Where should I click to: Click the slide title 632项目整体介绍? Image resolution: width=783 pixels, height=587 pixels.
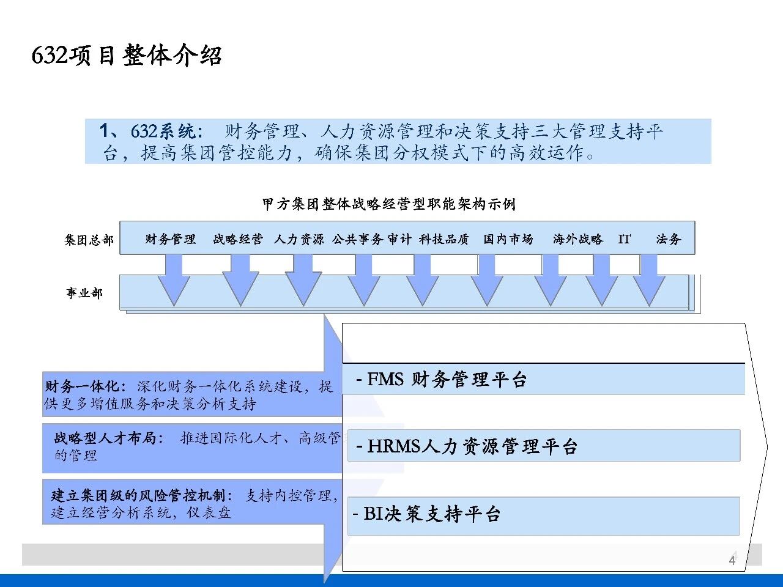[126, 56]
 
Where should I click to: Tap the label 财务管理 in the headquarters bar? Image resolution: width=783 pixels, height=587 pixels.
[170, 239]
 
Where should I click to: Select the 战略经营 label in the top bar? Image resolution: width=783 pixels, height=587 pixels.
[237, 239]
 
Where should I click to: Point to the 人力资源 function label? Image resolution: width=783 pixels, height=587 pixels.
[299, 239]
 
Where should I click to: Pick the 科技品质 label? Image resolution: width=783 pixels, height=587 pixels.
[443, 239]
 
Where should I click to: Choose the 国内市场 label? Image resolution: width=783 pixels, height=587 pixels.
[508, 239]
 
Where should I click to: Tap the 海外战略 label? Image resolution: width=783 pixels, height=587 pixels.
[577, 239]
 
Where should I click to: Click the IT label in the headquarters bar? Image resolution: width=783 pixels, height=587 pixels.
[624, 239]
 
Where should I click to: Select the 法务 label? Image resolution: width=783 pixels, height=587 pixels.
[668, 239]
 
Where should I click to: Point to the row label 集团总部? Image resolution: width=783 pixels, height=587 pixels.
[89, 240]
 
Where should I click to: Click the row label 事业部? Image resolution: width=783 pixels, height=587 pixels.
[84, 293]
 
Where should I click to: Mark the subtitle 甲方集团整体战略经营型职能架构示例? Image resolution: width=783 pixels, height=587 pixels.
[389, 204]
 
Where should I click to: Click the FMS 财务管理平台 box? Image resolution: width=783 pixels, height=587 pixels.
[543, 380]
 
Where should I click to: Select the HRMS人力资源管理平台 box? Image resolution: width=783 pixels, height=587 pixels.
[543, 446]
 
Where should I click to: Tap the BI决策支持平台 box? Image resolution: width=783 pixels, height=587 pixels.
[543, 514]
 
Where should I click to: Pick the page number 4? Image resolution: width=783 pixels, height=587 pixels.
[732, 560]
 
